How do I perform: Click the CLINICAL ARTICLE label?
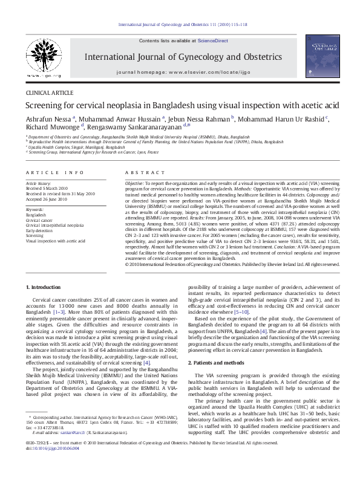click(x=49, y=93)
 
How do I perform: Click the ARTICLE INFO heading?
click(x=55, y=172)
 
